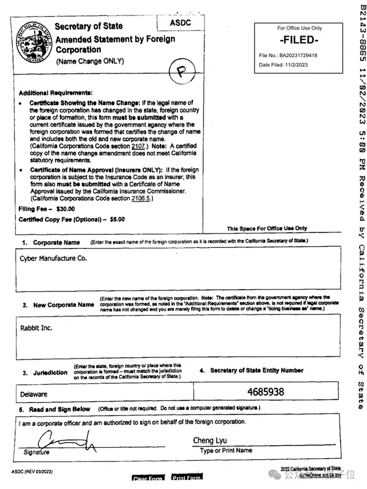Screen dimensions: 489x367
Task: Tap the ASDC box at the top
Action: [x=181, y=23]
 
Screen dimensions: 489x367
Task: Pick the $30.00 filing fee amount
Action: [x=65, y=210]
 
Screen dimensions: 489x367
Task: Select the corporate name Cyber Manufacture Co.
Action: [x=53, y=258]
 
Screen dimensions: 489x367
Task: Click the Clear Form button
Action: [x=147, y=479]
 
